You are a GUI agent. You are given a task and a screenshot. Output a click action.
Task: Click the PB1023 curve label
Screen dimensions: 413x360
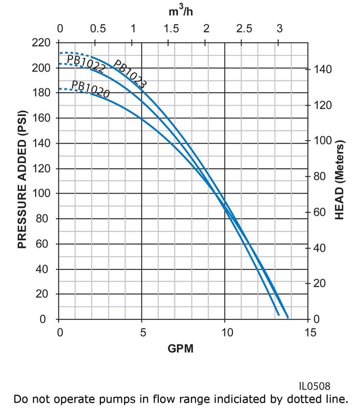point(130,74)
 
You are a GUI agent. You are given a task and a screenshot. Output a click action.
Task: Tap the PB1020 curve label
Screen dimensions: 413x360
point(91,89)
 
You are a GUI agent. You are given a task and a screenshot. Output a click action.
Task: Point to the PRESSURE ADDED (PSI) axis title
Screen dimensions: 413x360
point(22,180)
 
